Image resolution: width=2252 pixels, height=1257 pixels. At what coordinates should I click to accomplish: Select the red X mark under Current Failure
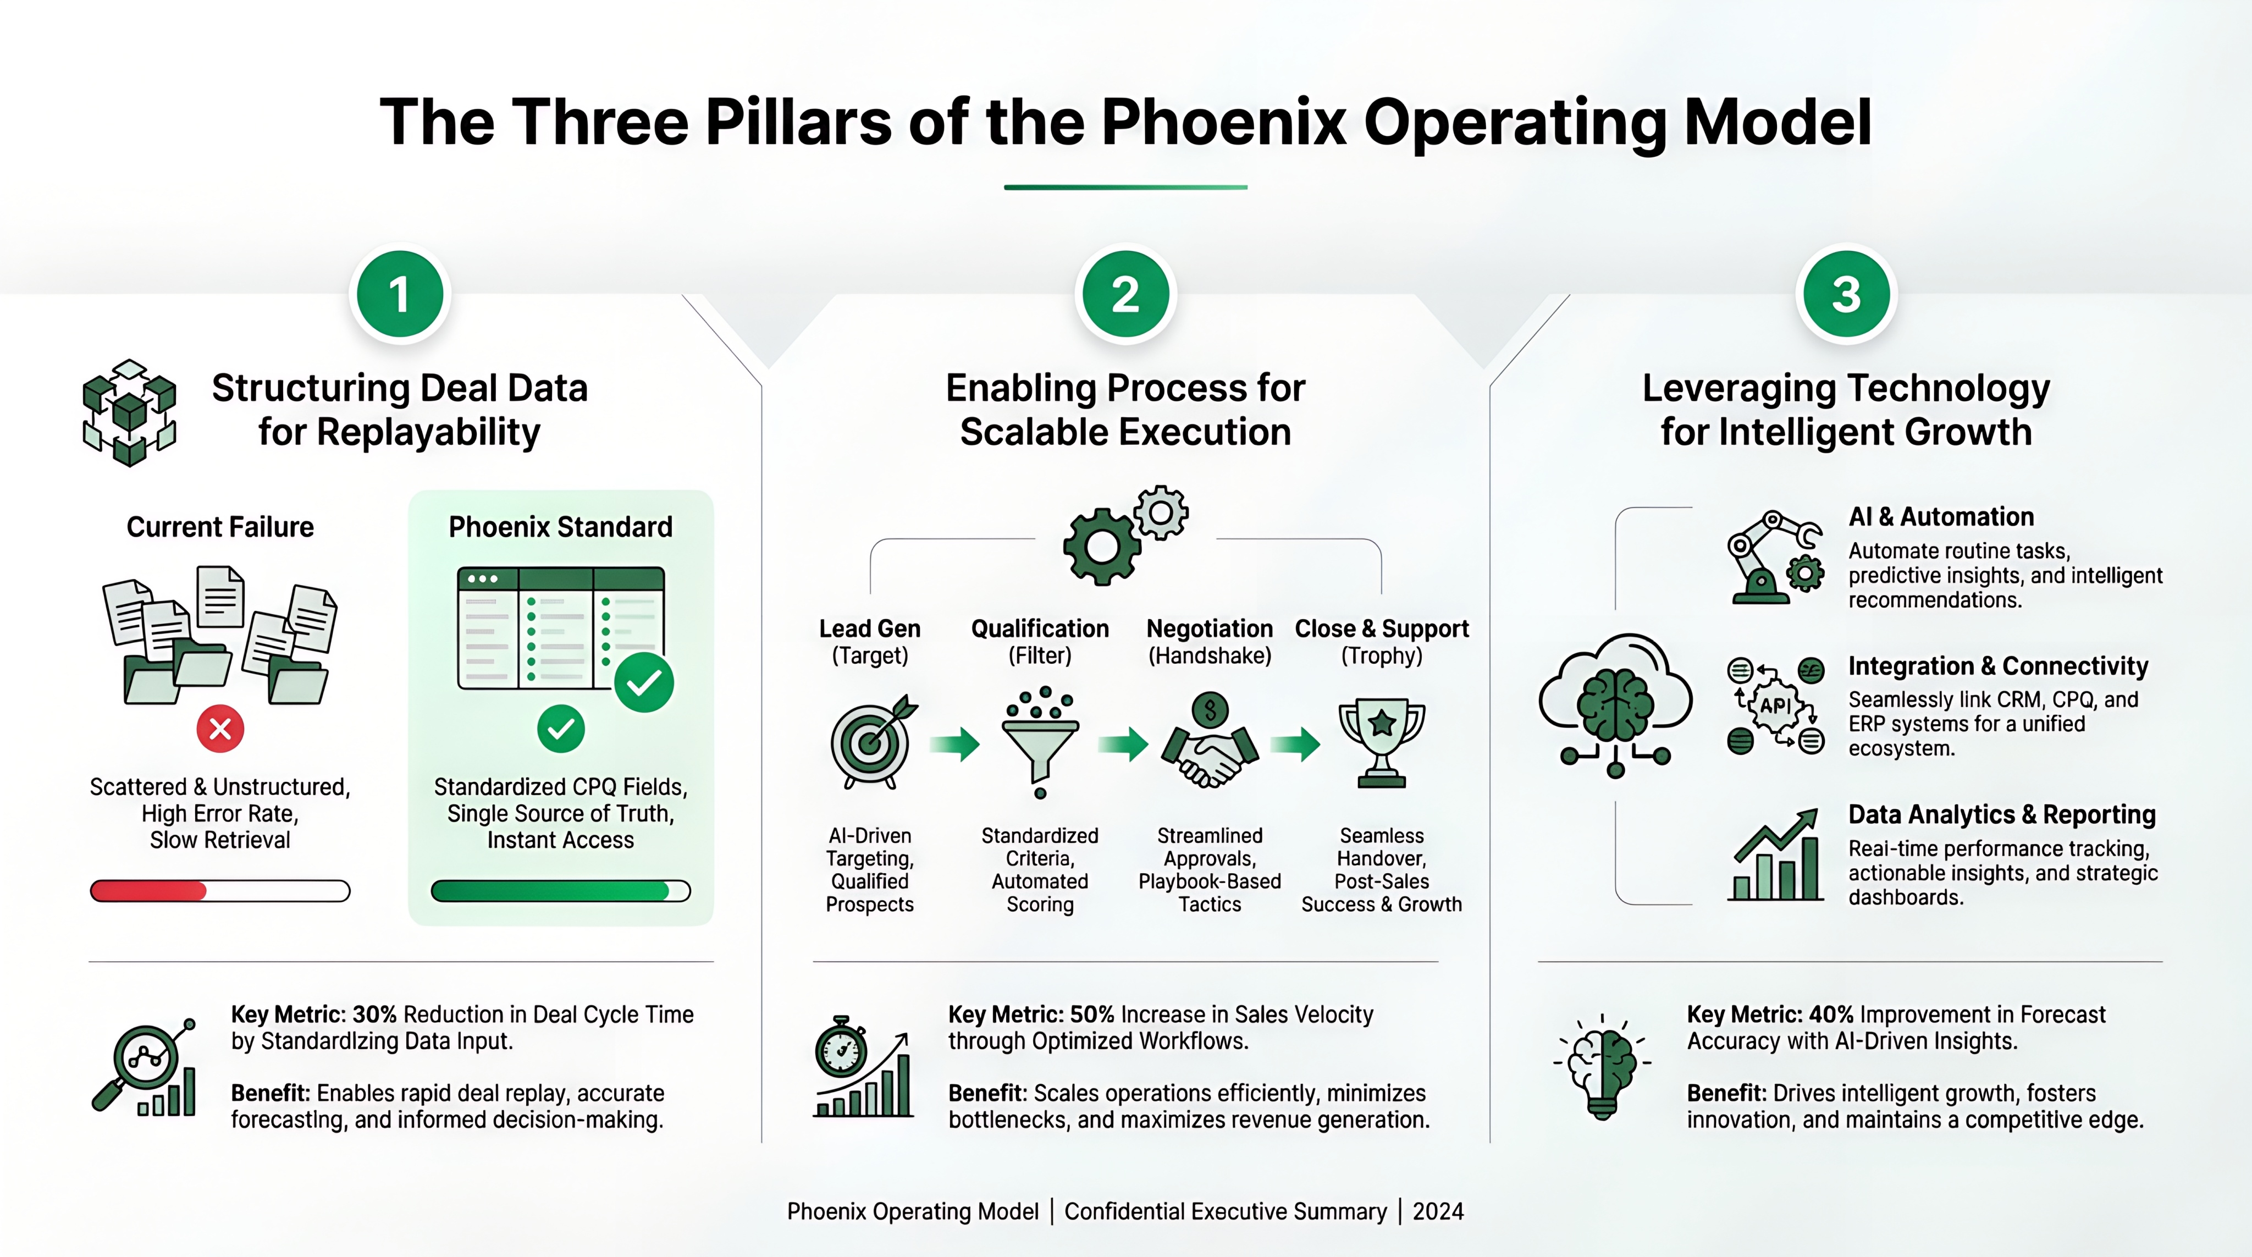[x=220, y=728]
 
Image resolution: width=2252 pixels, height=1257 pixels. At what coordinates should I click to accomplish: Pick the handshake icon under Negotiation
[x=1210, y=741]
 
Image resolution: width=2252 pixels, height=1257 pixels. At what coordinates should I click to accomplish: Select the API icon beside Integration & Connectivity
[x=1775, y=705]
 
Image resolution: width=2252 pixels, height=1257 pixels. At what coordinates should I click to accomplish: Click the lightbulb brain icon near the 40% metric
[x=1603, y=1066]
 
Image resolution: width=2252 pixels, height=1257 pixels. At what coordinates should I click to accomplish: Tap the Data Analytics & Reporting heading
[x=2001, y=815]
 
